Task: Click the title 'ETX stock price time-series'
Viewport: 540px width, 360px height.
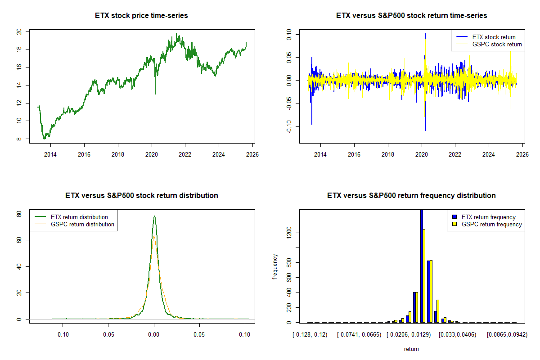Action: click(x=141, y=16)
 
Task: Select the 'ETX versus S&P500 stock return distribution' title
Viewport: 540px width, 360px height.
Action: click(x=141, y=196)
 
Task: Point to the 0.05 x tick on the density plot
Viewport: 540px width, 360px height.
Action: click(x=199, y=334)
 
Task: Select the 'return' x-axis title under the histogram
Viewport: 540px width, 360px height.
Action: click(x=411, y=349)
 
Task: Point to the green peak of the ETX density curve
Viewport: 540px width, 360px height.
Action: click(x=154, y=216)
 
